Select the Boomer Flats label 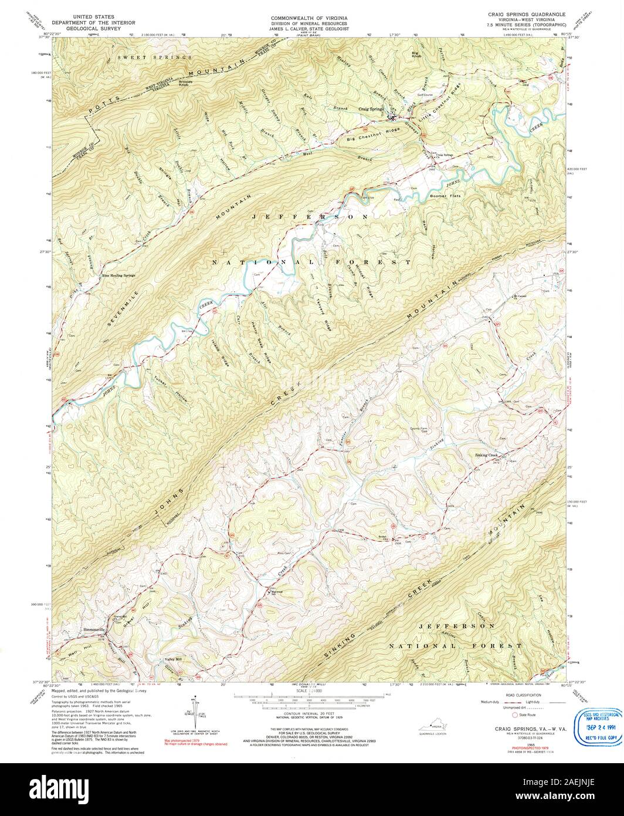(443, 195)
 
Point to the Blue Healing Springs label (118, 275)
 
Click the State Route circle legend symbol (516, 716)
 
